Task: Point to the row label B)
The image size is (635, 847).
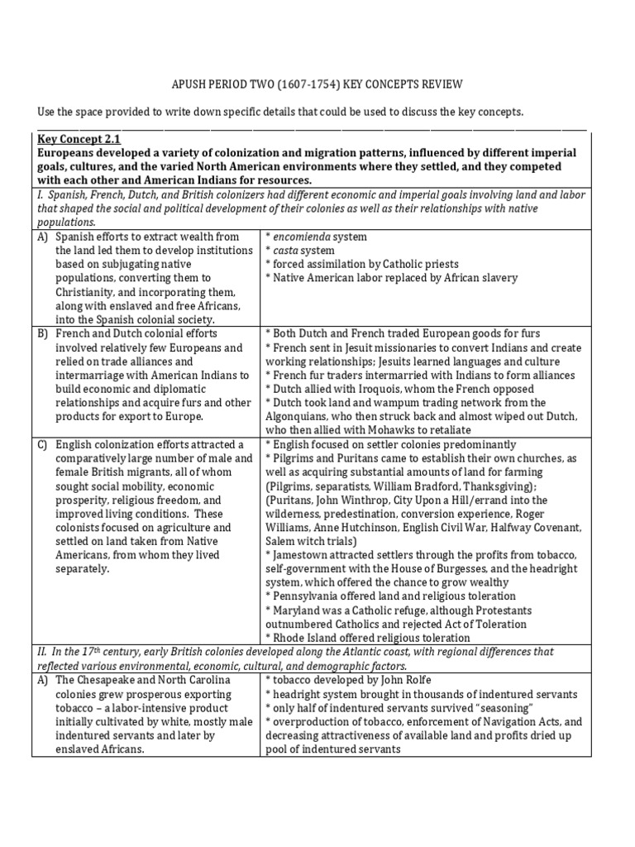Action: [42, 334]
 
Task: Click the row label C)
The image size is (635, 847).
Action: [42, 445]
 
